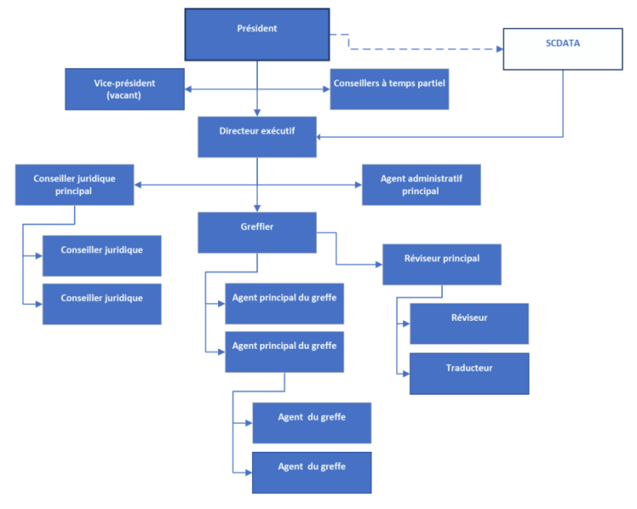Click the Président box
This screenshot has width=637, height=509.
256,34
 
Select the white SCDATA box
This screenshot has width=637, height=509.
563,48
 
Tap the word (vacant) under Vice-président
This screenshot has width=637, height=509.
124,96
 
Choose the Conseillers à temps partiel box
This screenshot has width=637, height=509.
389,89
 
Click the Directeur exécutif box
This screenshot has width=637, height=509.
256,136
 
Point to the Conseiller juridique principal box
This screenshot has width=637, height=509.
75,184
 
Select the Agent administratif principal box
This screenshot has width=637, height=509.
421,184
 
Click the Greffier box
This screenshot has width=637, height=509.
256,232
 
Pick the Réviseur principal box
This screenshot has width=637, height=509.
441,264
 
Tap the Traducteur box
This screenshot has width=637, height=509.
469,373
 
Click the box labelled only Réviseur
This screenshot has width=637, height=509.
469,323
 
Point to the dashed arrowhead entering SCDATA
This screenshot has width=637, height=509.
499,49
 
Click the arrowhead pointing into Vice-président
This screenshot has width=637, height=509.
189,89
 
